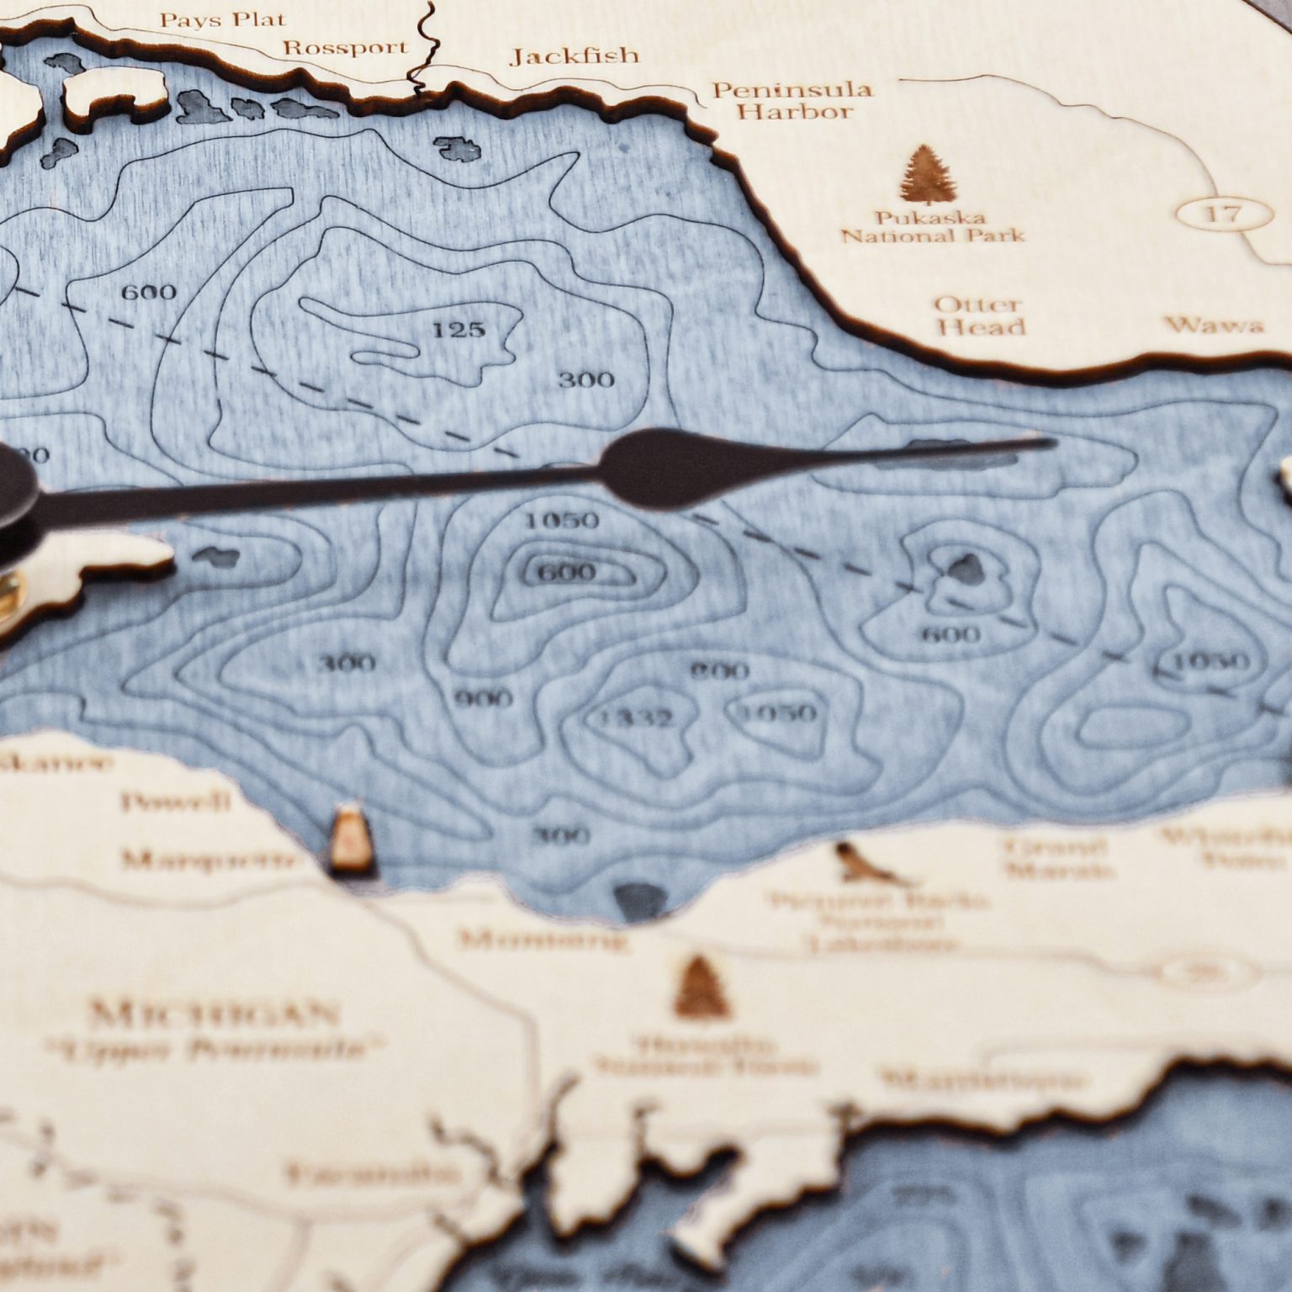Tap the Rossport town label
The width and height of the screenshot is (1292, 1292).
tap(345, 47)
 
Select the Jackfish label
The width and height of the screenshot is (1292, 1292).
tap(575, 56)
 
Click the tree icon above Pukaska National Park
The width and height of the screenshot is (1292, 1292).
tap(925, 175)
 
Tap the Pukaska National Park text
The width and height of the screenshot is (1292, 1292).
tap(934, 226)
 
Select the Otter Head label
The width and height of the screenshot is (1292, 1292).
tap(979, 315)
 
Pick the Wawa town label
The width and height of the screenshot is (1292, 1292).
tap(1215, 325)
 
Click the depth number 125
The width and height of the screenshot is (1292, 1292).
tap(458, 329)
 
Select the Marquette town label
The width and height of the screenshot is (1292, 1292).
tap(209, 860)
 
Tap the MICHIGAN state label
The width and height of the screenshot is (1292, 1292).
tap(214, 1015)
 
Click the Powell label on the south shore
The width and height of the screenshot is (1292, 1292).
tap(175, 802)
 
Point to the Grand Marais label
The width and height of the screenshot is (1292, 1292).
tap(1055, 858)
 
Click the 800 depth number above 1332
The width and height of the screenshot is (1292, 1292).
tap(719, 670)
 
